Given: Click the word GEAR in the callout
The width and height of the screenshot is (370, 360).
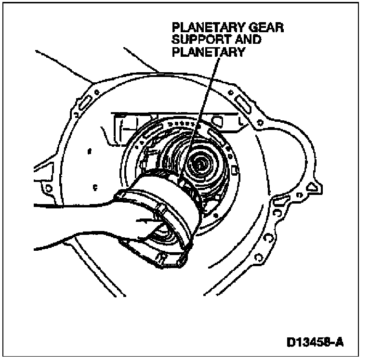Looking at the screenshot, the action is (264, 28).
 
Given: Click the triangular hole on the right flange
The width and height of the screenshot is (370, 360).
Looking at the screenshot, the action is (314, 183).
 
